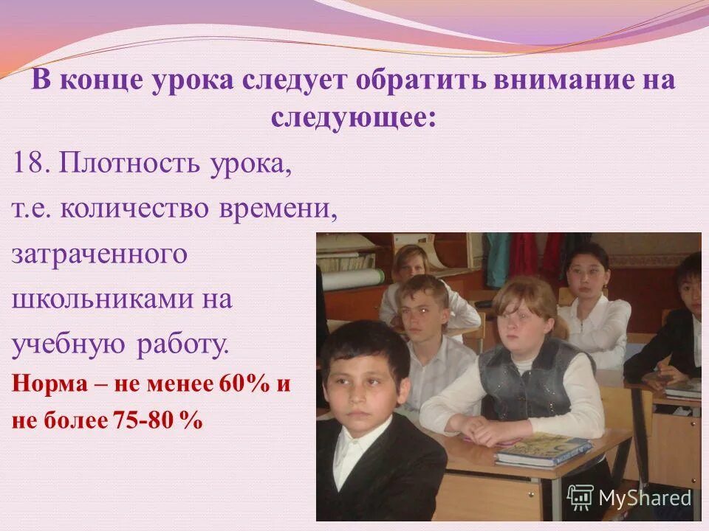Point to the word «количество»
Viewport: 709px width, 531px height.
(137, 209)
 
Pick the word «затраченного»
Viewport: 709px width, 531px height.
(100, 255)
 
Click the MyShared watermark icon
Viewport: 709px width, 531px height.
(580, 498)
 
